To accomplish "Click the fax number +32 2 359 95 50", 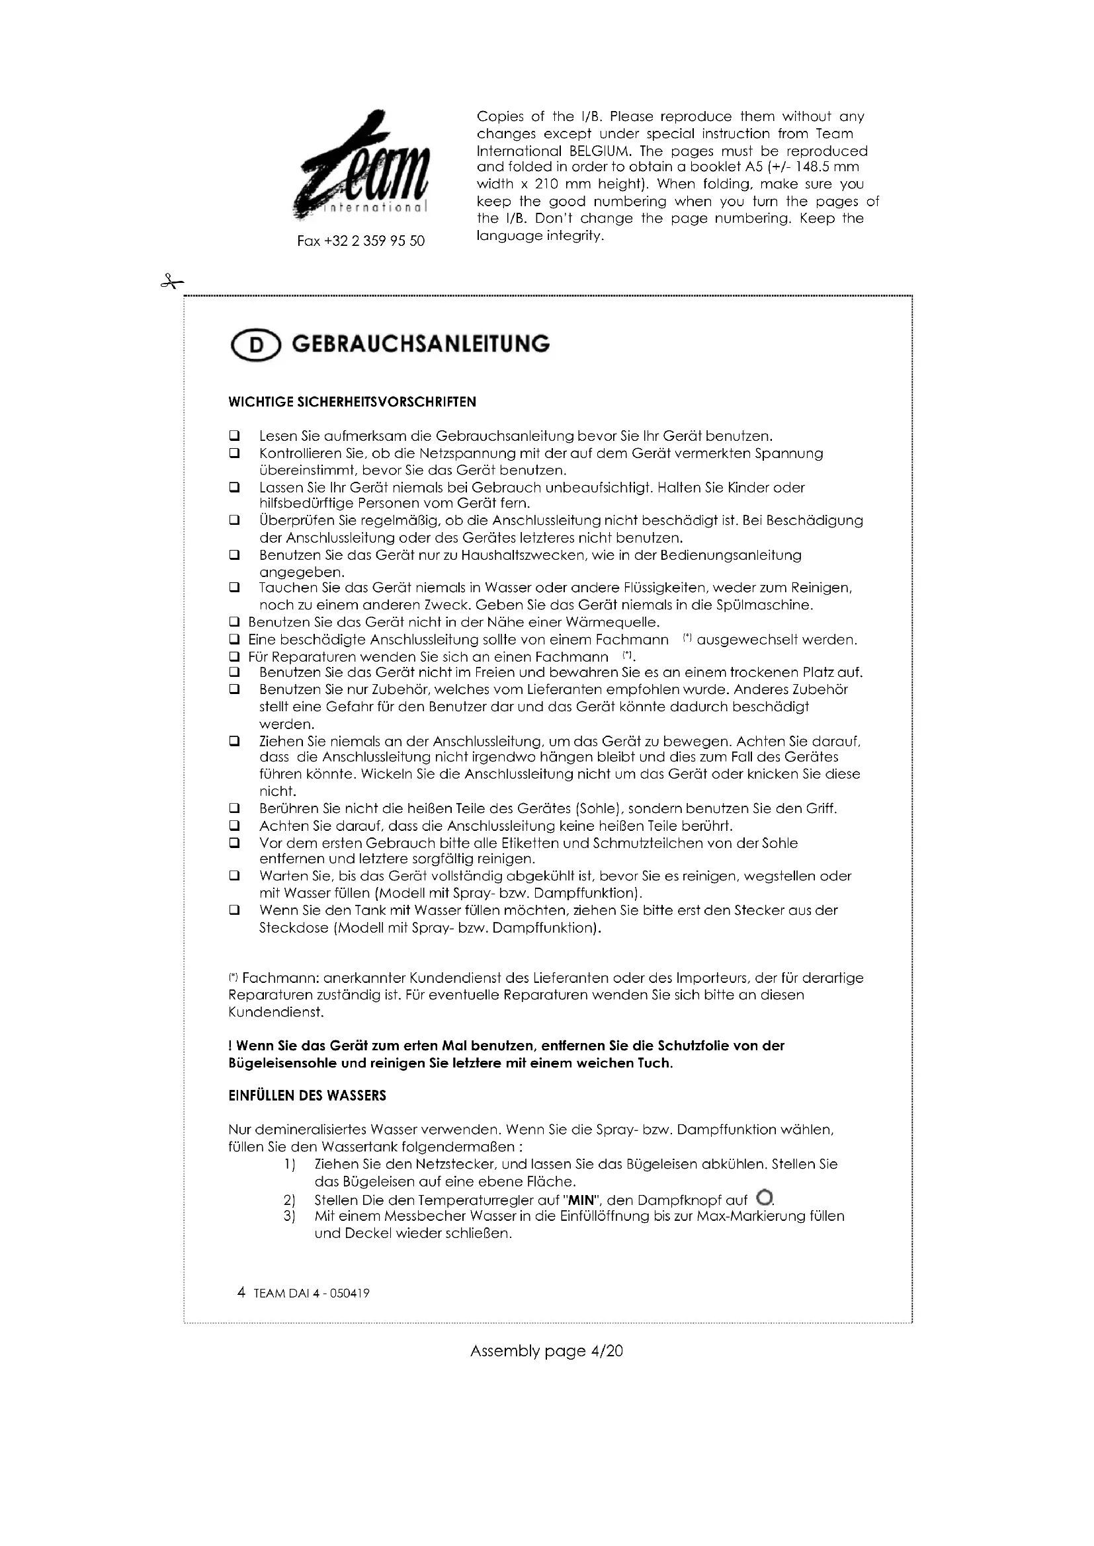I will point(361,241).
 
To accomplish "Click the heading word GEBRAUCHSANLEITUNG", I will point(421,344).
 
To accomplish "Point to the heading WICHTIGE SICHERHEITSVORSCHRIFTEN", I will point(353,402).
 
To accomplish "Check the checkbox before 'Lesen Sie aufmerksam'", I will point(234,436).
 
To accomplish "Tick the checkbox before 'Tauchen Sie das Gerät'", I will point(234,588).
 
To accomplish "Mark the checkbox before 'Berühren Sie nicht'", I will point(234,808).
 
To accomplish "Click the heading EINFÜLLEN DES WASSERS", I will point(307,1095).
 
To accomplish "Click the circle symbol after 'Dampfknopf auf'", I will point(763,1198).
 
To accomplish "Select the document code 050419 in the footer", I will point(350,1294).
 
